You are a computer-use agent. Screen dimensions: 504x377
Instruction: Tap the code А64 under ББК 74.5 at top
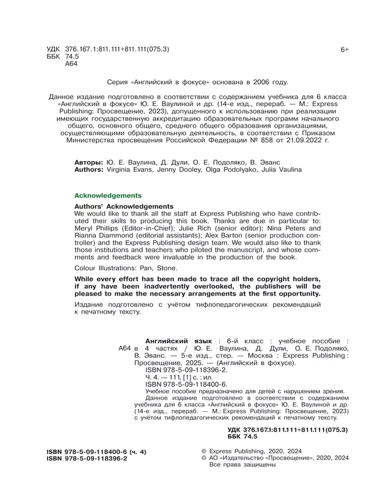coord(71,64)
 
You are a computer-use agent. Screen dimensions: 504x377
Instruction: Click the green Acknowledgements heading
coord(108,195)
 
